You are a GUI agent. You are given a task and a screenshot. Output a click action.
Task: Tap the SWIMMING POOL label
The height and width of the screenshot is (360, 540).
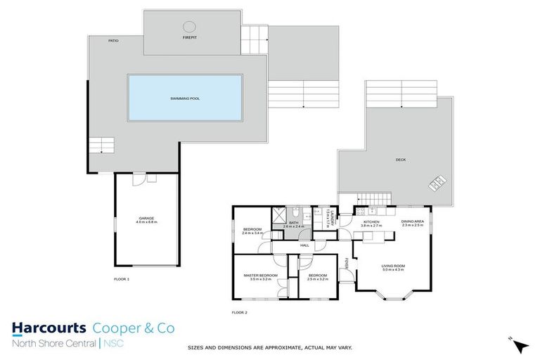tap(185, 98)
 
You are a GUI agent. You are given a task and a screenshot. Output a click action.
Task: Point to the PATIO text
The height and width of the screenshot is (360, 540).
tap(113, 41)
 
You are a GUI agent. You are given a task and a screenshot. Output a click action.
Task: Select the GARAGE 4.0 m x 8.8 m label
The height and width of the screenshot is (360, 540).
tap(147, 220)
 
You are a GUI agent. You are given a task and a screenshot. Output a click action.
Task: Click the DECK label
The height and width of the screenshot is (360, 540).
tap(400, 160)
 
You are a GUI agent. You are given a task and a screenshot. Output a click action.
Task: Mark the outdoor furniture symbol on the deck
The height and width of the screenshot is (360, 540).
tap(437, 183)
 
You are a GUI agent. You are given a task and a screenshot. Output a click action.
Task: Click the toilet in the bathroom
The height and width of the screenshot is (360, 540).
tap(298, 213)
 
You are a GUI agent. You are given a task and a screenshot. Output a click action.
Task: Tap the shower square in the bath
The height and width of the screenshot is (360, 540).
tap(279, 213)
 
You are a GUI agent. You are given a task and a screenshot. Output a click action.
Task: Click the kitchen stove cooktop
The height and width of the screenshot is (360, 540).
tap(361, 212)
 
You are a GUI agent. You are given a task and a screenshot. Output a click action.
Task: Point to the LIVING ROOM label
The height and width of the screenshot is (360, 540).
tap(394, 267)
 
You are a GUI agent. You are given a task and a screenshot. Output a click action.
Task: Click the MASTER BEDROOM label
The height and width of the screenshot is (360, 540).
tap(260, 276)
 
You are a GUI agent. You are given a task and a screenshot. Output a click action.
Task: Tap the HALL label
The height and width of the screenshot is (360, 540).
tap(304, 245)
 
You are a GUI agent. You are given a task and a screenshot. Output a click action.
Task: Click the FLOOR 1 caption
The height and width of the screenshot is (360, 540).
tap(122, 279)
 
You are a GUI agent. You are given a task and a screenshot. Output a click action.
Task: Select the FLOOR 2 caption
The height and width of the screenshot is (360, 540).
tap(240, 311)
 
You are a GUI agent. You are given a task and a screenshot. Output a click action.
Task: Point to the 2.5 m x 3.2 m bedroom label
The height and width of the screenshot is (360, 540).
tap(317, 277)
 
